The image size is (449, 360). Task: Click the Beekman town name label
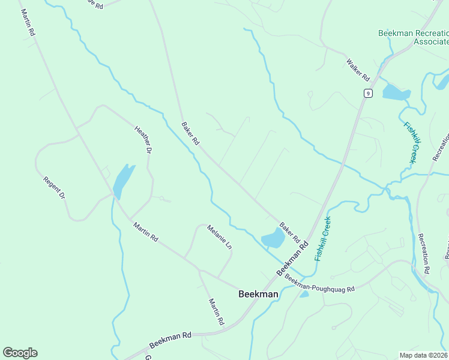[x=258, y=294]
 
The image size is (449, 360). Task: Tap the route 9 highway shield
[x=368, y=93]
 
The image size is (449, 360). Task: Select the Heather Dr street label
[x=142, y=140]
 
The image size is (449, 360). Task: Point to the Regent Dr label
[x=53, y=188]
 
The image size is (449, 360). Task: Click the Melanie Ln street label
[x=219, y=237]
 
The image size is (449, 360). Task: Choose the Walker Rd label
[x=358, y=69]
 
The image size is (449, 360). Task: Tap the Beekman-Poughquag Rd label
[x=320, y=283]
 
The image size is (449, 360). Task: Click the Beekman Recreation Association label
[x=414, y=37]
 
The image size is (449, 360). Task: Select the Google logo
[x=20, y=353]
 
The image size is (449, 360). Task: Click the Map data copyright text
[x=423, y=355]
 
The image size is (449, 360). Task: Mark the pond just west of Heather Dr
[x=123, y=179]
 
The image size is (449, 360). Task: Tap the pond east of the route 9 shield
[x=396, y=92]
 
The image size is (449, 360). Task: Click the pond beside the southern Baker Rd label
[x=273, y=239]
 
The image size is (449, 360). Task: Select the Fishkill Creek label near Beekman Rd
[x=323, y=238]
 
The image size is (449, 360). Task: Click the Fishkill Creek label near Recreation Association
[x=411, y=143]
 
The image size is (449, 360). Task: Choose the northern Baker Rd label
[x=190, y=133]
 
